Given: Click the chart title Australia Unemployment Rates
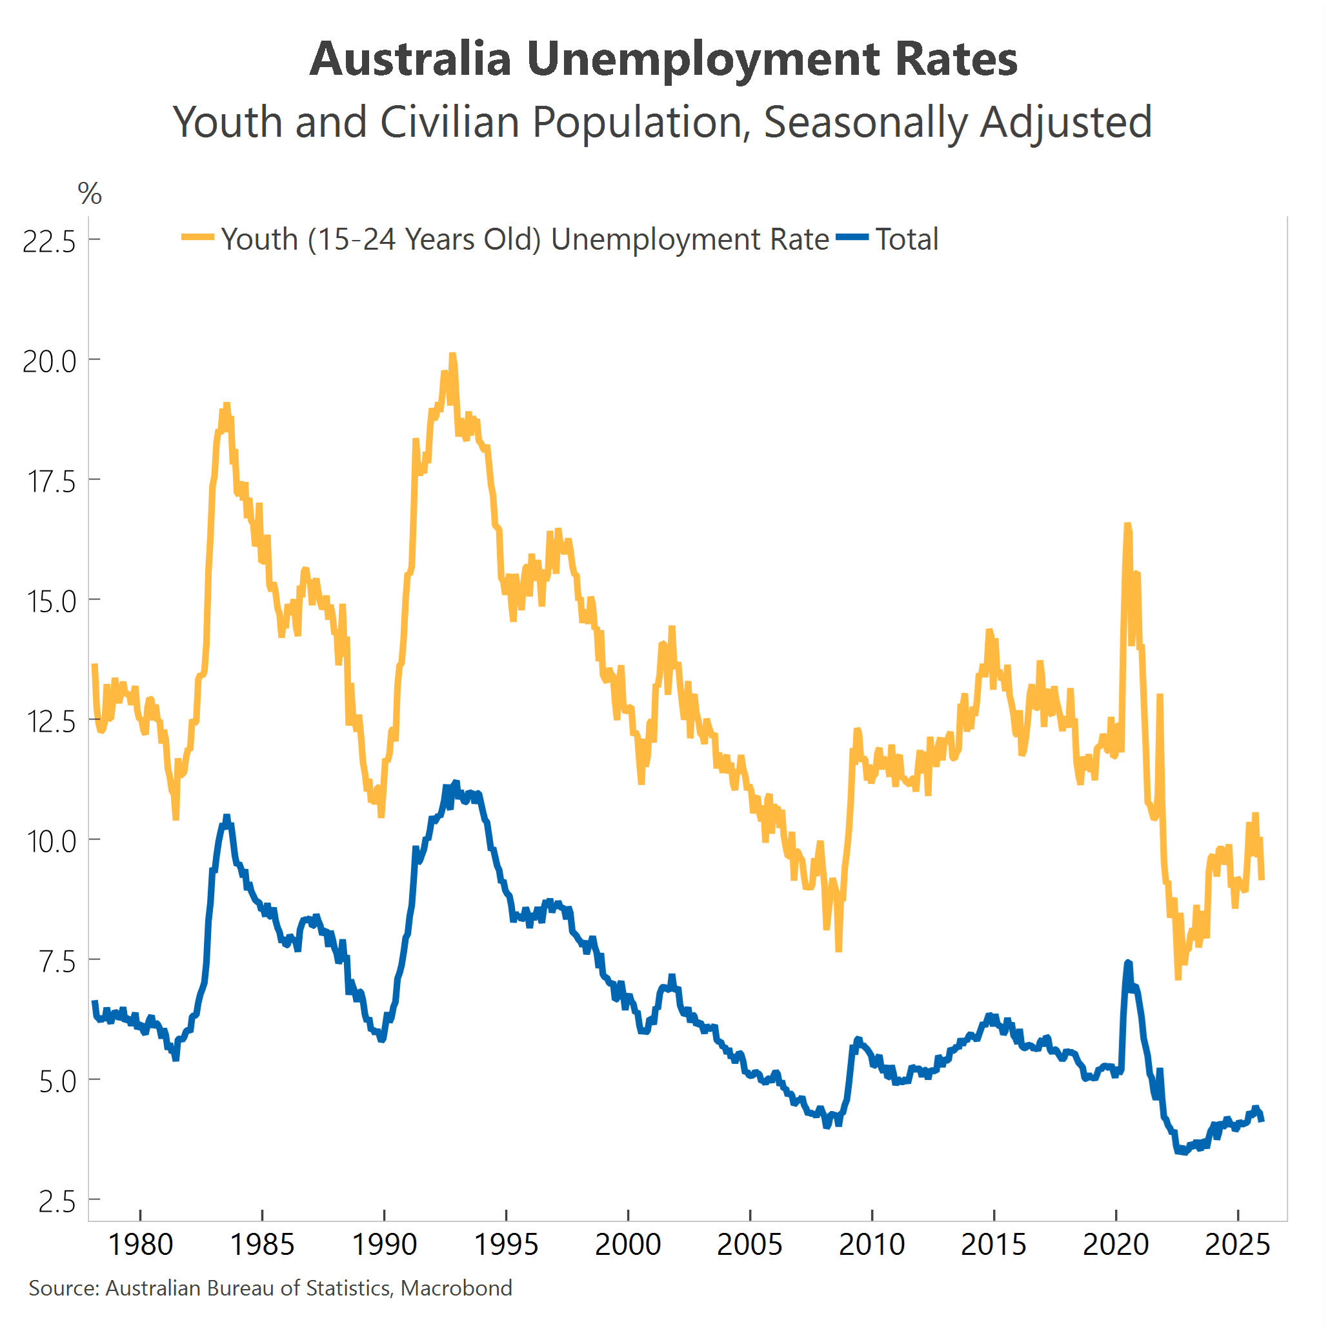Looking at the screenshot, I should (x=663, y=59).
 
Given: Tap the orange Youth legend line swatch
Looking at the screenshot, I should (x=198, y=237).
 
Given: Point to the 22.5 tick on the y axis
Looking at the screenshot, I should (x=49, y=242).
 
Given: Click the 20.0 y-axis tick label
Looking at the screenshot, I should (x=49, y=362).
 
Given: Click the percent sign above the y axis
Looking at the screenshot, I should (x=90, y=194).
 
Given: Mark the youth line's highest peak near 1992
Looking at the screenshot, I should (x=452, y=355).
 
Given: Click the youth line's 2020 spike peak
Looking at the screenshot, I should (x=1127, y=526).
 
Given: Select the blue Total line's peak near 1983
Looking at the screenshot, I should (x=226, y=817).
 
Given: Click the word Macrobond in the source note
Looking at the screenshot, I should (x=456, y=1288).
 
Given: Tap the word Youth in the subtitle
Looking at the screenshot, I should (x=227, y=123).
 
